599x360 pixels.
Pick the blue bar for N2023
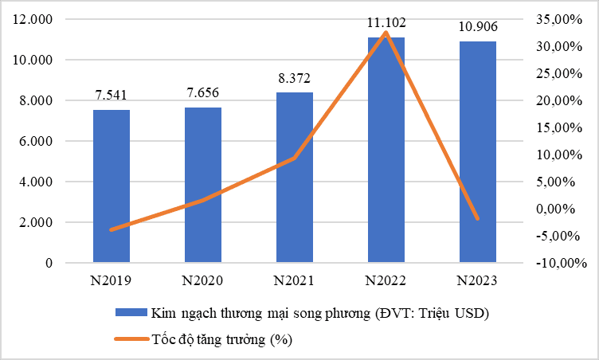[478, 151]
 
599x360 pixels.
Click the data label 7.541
[111, 96]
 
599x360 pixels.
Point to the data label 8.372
[294, 78]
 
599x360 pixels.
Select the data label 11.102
[386, 23]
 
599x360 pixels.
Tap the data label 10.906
[477, 27]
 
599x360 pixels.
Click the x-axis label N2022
[386, 280]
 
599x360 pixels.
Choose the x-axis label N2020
[203, 280]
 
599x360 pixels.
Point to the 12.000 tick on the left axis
[33, 19]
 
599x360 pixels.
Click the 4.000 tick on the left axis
[36, 182]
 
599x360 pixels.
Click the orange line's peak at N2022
[386, 33]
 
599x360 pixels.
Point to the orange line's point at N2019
[112, 229]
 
